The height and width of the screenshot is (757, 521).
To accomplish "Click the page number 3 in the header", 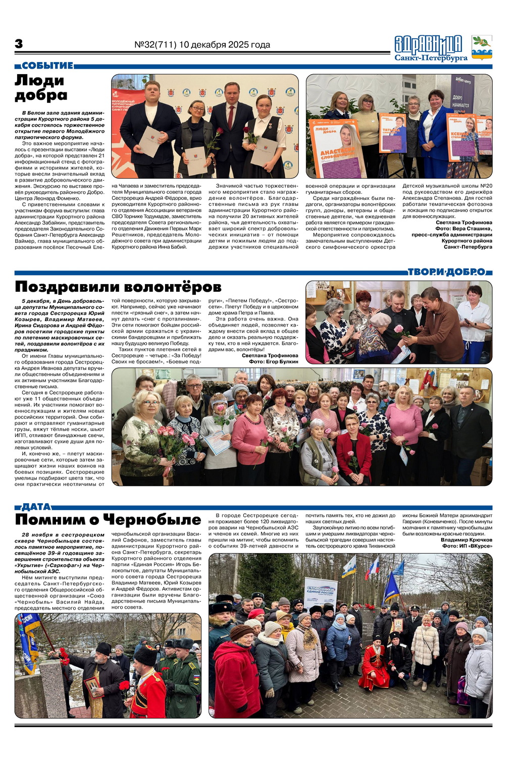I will pyautogui.click(x=19, y=44).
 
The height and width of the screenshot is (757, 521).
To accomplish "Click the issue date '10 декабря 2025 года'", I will pyautogui.click(x=224, y=45).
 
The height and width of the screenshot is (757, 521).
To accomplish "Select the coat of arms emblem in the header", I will pyautogui.click(x=482, y=48).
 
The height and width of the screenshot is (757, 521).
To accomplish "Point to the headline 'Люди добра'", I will pyautogui.click(x=40, y=87).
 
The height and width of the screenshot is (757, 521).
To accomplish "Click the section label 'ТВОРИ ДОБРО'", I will pyautogui.click(x=447, y=272).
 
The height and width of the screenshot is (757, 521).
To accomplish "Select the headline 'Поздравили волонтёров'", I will pyautogui.click(x=118, y=287).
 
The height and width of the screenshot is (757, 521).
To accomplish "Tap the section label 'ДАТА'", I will pyautogui.click(x=36, y=507).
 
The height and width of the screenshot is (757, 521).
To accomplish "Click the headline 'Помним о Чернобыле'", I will pyautogui.click(x=108, y=520).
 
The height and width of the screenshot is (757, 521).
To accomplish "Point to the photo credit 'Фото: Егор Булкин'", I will pyautogui.click(x=273, y=362).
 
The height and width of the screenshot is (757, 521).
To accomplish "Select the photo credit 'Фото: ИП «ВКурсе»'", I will pyautogui.click(x=467, y=546).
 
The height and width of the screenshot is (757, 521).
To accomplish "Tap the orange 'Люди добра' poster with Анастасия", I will pyautogui.click(x=337, y=147).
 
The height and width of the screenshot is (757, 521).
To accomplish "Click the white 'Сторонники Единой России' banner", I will pyautogui.click(x=321, y=593).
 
